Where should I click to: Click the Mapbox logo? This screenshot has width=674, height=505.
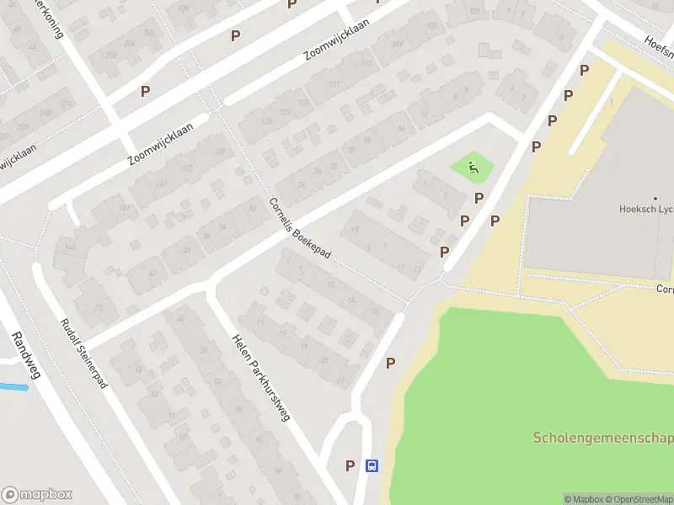point(37,495)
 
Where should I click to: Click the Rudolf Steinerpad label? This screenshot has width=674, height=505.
point(84,353)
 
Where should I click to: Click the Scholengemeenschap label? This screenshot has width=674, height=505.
point(603,438)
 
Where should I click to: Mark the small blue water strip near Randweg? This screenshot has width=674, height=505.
point(13,387)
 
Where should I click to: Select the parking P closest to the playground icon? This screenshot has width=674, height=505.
point(479,198)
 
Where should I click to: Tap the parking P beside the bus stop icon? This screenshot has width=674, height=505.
point(350,465)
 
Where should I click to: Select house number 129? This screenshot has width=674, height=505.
point(220,151)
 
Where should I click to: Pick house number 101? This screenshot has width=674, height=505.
point(476,11)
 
